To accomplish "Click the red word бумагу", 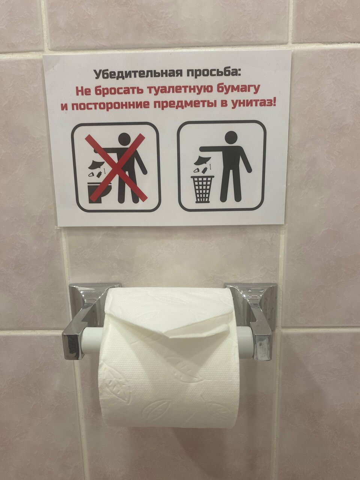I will click(x=238, y=89).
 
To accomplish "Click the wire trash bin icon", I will click(x=202, y=189).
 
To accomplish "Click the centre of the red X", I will click(x=116, y=167).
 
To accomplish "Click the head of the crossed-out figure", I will click(x=124, y=139).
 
